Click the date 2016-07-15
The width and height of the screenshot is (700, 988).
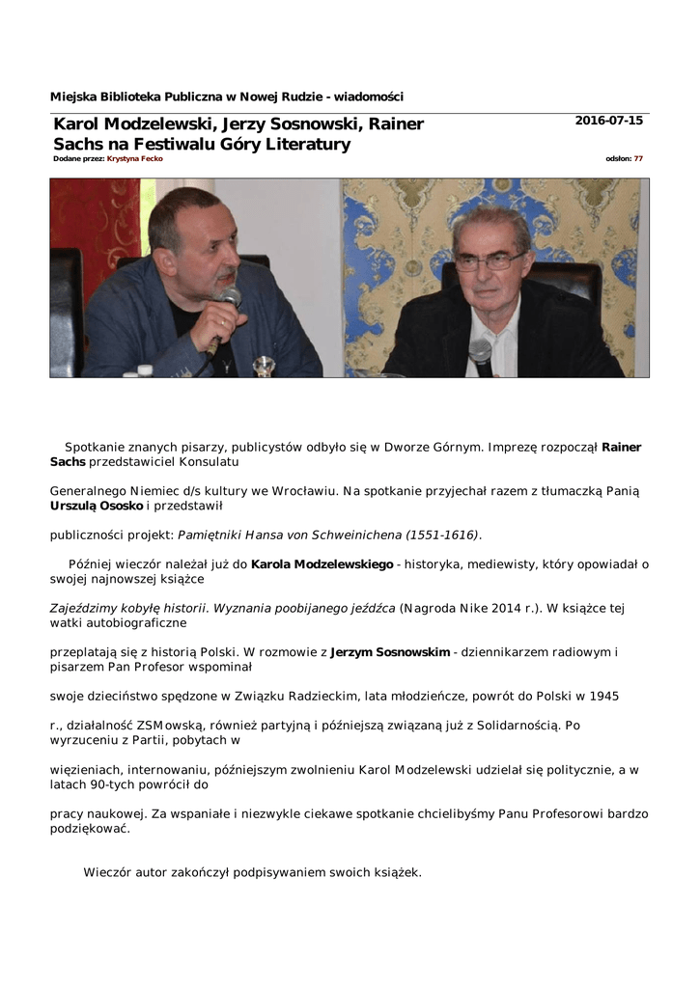pyautogui.click(x=608, y=121)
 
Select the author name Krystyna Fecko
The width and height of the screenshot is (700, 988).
pyautogui.click(x=134, y=158)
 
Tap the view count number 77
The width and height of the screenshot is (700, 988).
pyautogui.click(x=638, y=158)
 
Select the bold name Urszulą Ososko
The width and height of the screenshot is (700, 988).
pyautogui.click(x=96, y=505)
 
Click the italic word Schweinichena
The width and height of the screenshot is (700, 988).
pyautogui.click(x=350, y=535)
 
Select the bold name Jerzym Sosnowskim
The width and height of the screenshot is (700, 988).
pyautogui.click(x=390, y=652)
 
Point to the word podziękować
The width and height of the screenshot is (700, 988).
pyautogui.click(x=90, y=828)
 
